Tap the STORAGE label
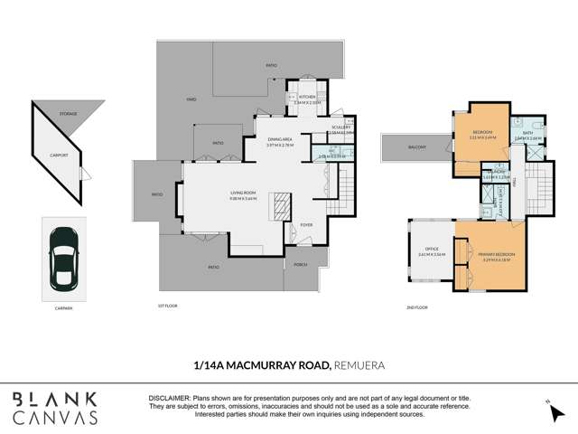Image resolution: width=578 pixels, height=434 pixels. point(68,115)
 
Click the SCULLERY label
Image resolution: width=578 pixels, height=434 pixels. point(341,128)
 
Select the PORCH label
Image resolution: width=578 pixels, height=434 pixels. point(299,265)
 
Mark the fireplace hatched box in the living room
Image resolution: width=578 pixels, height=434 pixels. point(282,201)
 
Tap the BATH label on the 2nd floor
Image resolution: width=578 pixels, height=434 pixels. point(528,133)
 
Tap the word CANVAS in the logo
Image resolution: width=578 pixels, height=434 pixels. point(55,418)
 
